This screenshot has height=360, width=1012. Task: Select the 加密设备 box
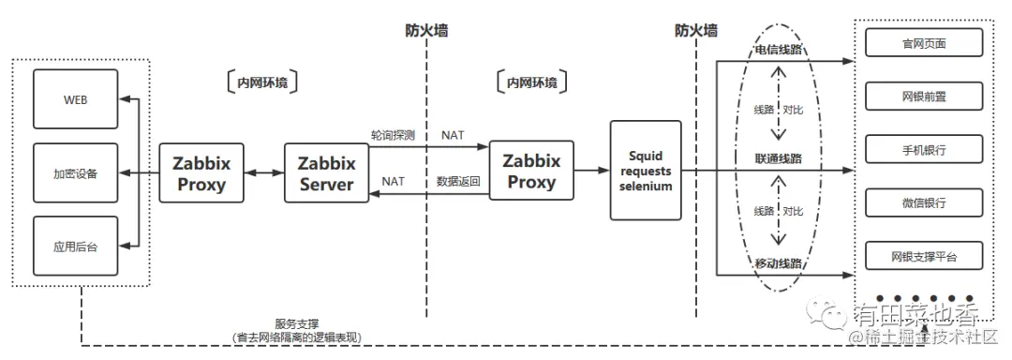coord(76,173)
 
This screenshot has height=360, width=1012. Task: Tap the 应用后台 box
coord(76,246)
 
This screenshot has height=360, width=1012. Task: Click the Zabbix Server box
coord(325,173)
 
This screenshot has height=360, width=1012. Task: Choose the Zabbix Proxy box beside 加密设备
coord(201,173)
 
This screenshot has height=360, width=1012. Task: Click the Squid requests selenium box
coord(646,171)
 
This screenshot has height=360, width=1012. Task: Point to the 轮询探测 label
coord(393,135)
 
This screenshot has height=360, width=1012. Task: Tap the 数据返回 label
coord(458,181)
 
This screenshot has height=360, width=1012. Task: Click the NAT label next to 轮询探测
coord(453,135)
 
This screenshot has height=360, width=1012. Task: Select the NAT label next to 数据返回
coord(394,181)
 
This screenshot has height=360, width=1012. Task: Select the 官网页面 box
coord(923,43)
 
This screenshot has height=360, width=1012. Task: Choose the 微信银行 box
coord(923,202)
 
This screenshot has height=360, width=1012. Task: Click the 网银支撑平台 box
coord(923,255)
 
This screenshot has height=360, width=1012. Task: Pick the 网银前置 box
coord(923,97)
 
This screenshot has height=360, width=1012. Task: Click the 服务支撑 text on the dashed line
coord(296,324)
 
